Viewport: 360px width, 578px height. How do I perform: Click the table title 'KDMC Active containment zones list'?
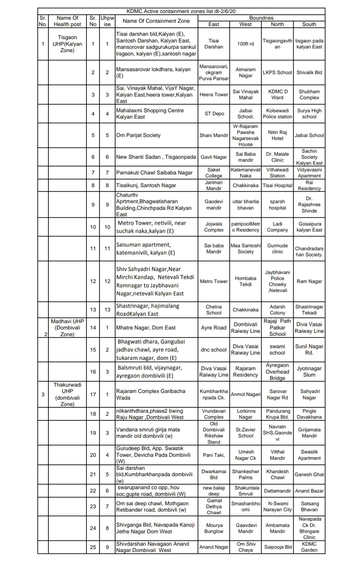coord(181,11)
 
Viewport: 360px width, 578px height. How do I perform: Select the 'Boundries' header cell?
coord(261,18)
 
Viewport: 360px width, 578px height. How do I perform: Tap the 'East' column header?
coord(214,24)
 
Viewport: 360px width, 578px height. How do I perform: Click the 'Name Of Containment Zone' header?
coord(156,21)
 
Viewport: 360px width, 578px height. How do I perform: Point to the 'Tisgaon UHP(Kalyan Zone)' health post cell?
coord(67,44)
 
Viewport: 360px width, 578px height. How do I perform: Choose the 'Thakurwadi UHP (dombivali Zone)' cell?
coord(67,394)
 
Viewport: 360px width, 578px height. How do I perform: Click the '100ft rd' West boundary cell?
coord(246,44)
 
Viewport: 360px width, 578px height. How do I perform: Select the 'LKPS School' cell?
coord(277,72)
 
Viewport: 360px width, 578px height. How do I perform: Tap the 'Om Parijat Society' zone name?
coord(138,135)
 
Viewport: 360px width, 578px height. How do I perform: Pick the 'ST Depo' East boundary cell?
coord(214,114)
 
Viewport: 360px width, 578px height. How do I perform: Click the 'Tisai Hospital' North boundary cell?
coord(277,185)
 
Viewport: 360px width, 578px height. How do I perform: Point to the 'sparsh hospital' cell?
coord(277,205)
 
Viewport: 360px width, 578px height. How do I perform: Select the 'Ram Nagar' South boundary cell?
coord(309,281)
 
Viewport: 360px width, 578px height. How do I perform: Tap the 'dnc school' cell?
coord(214,350)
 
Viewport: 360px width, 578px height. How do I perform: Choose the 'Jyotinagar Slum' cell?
coord(309,372)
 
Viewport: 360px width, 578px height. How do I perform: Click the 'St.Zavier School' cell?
coord(246,433)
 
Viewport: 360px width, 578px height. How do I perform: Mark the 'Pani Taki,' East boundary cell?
coord(214,455)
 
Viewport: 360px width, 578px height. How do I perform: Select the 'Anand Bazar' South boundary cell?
coord(309,491)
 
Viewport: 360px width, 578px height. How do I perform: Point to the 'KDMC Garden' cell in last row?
coord(309,547)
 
